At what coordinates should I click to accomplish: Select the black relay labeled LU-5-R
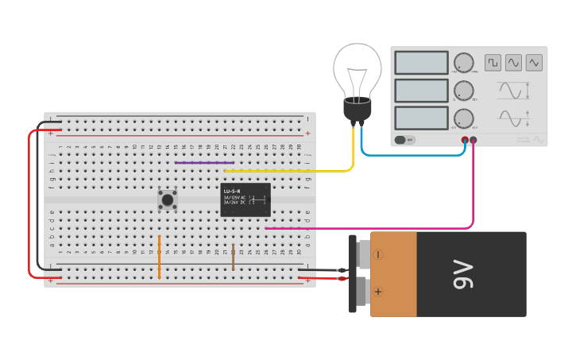pos(245,199)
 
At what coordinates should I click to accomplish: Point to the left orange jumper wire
pos(159,256)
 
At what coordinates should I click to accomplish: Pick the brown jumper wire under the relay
pos(233,256)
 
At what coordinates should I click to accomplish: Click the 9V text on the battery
pos(463,274)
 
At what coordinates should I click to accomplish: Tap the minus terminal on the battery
pos(378,254)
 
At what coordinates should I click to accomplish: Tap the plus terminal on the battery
pos(378,292)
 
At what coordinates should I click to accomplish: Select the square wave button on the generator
pos(493,62)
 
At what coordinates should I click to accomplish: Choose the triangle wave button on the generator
pos(534,62)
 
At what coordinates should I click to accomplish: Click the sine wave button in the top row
pos(513,62)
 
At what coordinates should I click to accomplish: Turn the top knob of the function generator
pos(463,63)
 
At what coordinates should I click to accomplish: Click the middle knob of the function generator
pos(463,91)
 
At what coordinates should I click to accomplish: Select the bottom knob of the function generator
pos(463,118)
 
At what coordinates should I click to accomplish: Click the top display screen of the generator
pos(421,63)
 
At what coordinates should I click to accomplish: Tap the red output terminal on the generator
pos(465,140)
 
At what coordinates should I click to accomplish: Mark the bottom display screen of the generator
pos(421,118)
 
